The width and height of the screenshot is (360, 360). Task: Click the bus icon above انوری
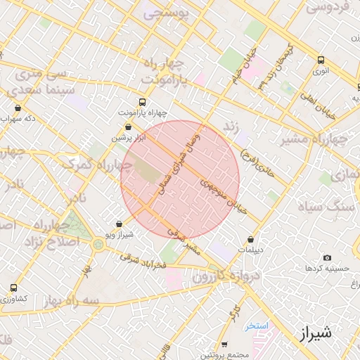[321, 60]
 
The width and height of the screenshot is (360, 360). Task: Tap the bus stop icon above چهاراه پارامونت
[143, 101]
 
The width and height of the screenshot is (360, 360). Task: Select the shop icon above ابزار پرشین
[128, 127]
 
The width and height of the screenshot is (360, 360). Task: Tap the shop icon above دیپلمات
[251, 239]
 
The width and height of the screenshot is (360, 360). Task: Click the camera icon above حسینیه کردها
[326, 258]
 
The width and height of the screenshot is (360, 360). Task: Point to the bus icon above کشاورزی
[14, 288]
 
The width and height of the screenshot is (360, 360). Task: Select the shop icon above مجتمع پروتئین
[224, 344]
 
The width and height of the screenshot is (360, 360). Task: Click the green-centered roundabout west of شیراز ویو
[97, 245]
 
